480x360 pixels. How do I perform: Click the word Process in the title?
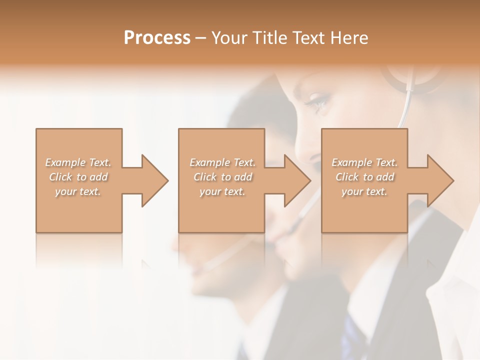click(157, 38)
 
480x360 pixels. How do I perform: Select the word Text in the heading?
click(310, 38)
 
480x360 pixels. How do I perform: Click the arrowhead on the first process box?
click(152, 180)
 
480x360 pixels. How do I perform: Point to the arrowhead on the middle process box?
click(295, 180)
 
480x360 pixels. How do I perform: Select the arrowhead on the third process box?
click(438, 180)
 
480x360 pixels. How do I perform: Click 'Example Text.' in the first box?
click(78, 162)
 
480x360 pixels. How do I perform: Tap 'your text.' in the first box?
click(78, 191)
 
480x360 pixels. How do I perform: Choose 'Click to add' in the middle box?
click(222, 177)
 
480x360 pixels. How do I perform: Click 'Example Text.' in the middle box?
click(222, 162)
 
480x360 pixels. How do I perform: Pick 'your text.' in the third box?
click(364, 191)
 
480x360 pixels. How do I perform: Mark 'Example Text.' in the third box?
click(364, 162)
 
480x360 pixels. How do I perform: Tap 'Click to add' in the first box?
click(78, 177)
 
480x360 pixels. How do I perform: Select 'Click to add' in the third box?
click(364, 177)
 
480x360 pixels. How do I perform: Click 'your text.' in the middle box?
click(222, 191)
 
